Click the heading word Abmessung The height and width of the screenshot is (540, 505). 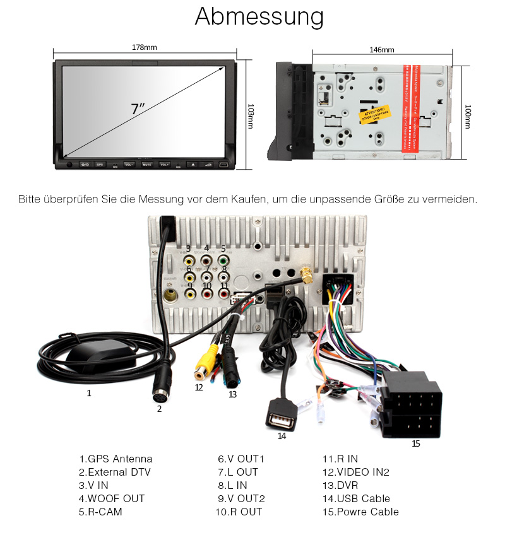(259, 17)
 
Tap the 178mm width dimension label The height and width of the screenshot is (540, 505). (145, 47)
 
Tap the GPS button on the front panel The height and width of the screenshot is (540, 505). (99, 165)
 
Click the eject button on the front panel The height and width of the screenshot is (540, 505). (191, 165)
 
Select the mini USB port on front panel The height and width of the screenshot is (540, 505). (224, 165)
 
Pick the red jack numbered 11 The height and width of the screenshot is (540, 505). (223, 293)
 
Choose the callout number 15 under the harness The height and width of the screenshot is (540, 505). (416, 443)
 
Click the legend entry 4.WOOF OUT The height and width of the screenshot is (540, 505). (112, 498)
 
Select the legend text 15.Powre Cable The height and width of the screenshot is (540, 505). (361, 512)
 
